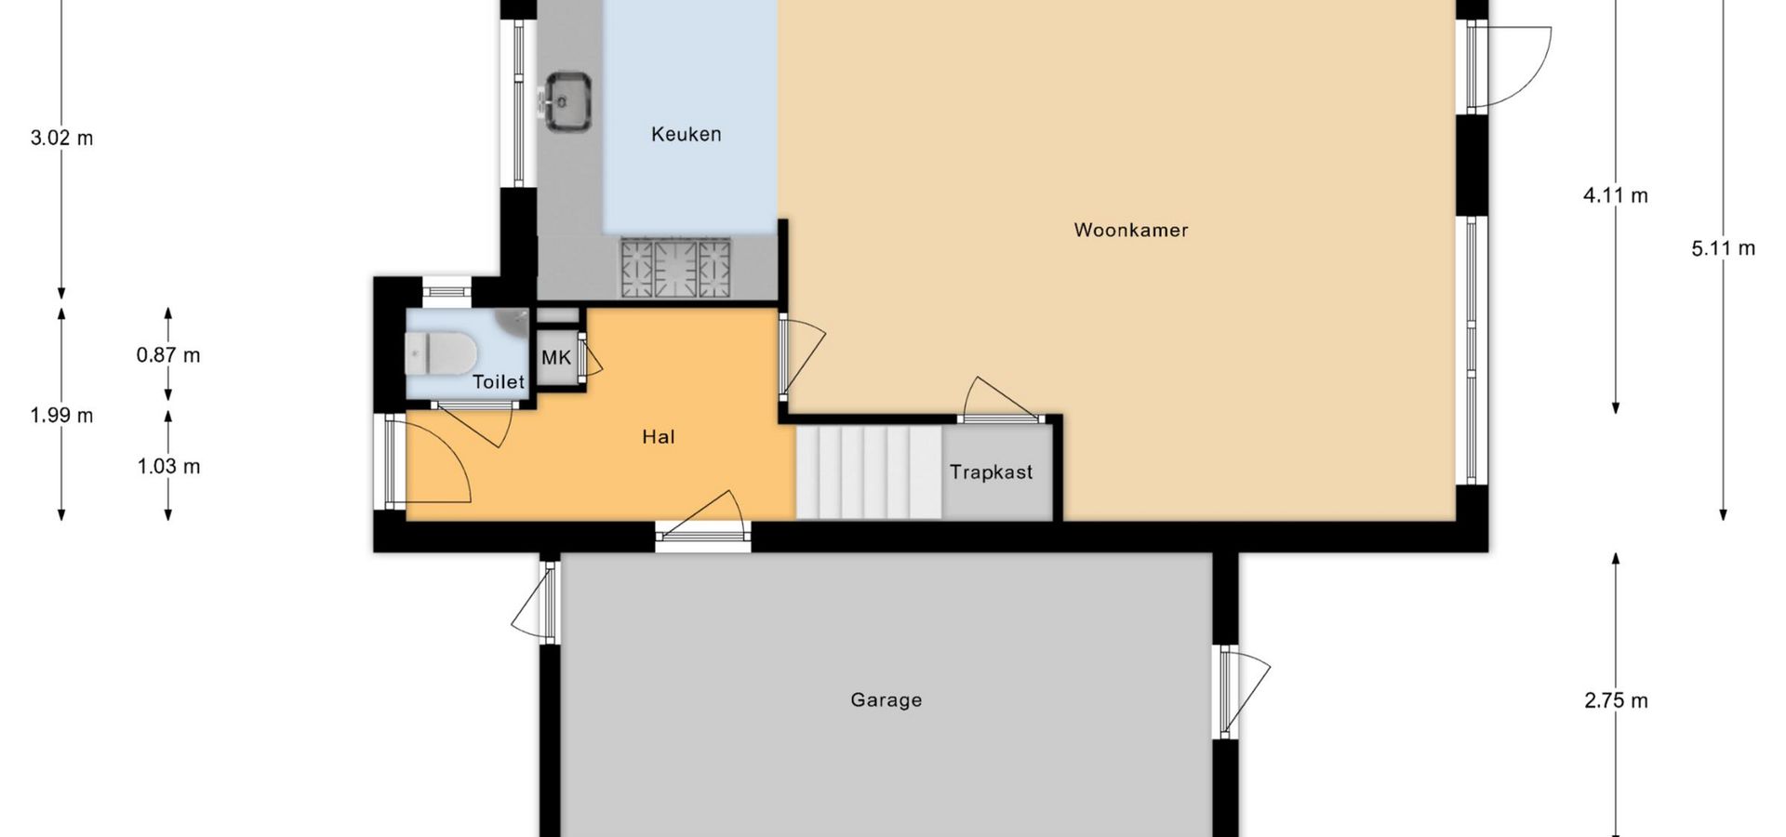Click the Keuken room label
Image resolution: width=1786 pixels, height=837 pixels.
[686, 135]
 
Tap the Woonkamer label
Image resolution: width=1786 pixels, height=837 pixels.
[1131, 230]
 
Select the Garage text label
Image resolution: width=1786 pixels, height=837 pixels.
[886, 700]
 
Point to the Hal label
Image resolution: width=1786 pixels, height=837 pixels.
[659, 437]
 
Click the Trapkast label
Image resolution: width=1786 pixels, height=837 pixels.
[991, 472]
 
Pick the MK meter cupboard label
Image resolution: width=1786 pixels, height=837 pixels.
[556, 358]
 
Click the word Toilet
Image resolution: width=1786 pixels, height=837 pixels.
[499, 381]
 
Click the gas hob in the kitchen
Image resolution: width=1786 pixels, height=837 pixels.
[676, 268]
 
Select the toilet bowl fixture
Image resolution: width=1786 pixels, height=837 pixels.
[442, 353]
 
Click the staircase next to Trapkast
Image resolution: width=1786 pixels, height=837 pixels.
[869, 472]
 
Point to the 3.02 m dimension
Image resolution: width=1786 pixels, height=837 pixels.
[61, 139]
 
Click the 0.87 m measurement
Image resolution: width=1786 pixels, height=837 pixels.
[168, 355]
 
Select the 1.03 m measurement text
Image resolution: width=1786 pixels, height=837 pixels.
[168, 467]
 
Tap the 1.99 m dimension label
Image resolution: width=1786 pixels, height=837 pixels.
[61, 416]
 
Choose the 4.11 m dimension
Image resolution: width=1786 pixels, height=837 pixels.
[1616, 195]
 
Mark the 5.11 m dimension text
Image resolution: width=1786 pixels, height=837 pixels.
[1723, 248]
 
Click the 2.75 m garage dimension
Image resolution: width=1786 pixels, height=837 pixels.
[1616, 701]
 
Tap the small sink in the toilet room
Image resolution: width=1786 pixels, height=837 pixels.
[513, 322]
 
